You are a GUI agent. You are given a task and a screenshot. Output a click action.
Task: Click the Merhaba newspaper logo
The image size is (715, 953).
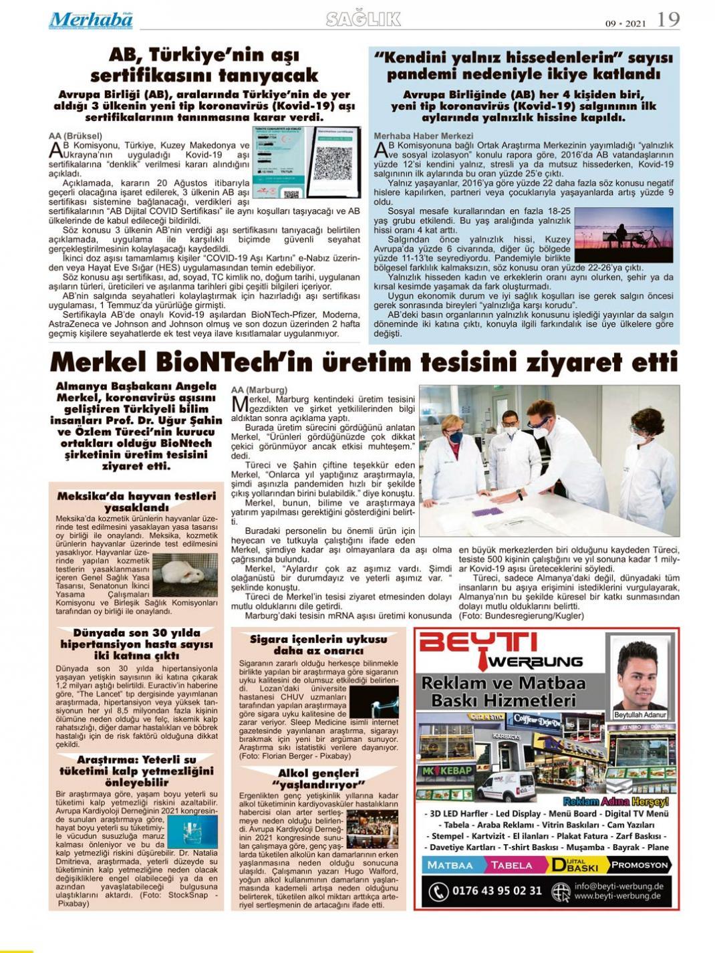(91, 20)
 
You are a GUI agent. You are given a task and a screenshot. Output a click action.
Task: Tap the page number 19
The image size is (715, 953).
(668, 20)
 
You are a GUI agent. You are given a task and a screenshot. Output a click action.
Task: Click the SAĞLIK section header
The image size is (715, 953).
(364, 19)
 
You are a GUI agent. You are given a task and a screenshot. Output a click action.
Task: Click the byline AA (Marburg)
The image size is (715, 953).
(259, 390)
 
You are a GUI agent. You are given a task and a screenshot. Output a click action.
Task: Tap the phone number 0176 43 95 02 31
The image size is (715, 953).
(496, 891)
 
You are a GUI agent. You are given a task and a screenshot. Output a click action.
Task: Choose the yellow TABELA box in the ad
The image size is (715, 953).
(512, 865)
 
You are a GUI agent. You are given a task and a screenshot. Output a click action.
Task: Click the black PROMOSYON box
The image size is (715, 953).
(639, 865)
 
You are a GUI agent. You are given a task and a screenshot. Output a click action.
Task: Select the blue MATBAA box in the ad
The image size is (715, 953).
(450, 865)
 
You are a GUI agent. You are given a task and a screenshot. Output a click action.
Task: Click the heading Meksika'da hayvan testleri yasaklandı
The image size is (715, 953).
(136, 501)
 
